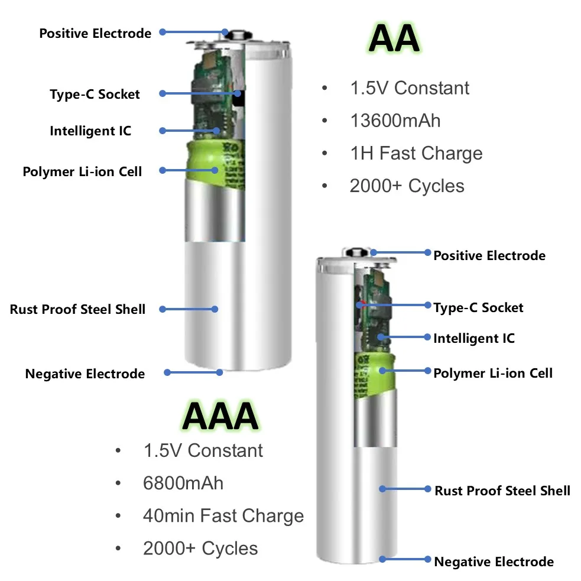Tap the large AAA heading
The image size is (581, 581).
tap(220, 416)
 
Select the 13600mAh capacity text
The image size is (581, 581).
tap(395, 121)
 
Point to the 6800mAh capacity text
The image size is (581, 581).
tap(183, 483)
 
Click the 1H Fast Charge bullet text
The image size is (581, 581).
tap(416, 153)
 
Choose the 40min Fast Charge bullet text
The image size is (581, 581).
tap(223, 515)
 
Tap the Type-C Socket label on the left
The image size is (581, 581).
tap(95, 94)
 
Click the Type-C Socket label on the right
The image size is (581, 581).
tap(478, 307)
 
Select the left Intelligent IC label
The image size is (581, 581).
tap(90, 131)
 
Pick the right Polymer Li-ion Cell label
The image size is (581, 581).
tap(493, 373)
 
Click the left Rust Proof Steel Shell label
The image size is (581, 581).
tap(77, 309)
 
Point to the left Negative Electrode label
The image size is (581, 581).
tap(85, 374)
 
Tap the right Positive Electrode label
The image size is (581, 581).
tap(489, 255)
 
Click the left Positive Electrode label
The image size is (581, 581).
tap(95, 33)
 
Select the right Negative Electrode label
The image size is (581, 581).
tap(494, 561)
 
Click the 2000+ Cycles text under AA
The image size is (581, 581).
tap(407, 186)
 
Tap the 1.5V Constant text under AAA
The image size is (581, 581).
tap(203, 450)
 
